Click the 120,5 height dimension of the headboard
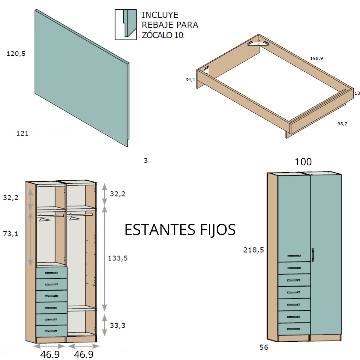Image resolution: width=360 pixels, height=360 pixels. click(x=16, y=54)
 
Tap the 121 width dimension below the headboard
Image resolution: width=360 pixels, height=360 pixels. click(x=22, y=133)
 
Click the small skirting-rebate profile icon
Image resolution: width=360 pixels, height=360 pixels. click(x=125, y=25)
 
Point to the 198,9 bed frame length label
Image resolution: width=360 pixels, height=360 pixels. click(x=316, y=58)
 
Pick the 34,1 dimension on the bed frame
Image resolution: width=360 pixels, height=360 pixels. click(x=190, y=79)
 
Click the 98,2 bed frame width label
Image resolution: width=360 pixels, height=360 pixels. click(x=342, y=124)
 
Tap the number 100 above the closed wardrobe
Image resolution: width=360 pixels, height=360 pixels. click(x=303, y=162)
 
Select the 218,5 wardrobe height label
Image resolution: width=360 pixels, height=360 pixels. click(x=253, y=250)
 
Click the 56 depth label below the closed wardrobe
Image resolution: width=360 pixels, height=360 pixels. click(x=264, y=347)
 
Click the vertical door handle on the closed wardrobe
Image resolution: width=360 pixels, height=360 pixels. click(x=312, y=255)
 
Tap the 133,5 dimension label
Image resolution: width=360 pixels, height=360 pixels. click(x=118, y=258)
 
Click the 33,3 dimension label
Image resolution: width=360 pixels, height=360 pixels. click(x=117, y=325)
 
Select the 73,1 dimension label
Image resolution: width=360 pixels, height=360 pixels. click(x=10, y=233)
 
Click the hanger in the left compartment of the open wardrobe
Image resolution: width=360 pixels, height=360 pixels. click(x=44, y=219)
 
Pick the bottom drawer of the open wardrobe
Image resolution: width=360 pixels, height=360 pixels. click(x=51, y=331)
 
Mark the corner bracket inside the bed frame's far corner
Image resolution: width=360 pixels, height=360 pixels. click(x=258, y=43)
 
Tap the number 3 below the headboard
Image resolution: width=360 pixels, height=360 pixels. click(x=145, y=160)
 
